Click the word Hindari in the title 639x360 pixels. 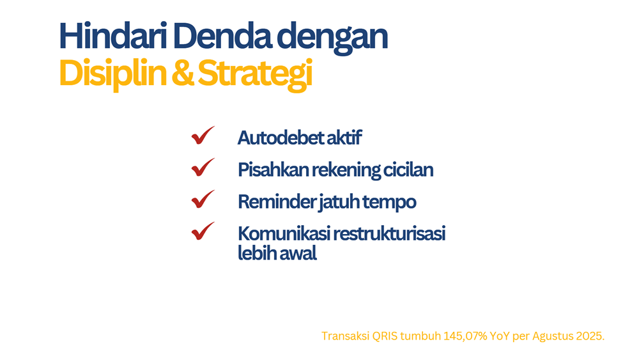[x=113, y=36]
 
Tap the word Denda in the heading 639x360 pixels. [x=222, y=36]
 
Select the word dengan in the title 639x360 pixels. [x=332, y=39]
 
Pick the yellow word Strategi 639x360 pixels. [x=255, y=75]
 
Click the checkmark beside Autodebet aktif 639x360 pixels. [x=203, y=136]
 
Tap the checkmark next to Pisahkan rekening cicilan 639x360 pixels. [x=203, y=167]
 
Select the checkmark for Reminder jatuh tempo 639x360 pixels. [x=203, y=199]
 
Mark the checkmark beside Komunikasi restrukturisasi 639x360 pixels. [x=203, y=231]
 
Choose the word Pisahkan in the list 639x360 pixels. [x=273, y=170]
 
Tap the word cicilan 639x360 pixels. [x=408, y=170]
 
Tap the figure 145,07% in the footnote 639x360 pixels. [x=465, y=336]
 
